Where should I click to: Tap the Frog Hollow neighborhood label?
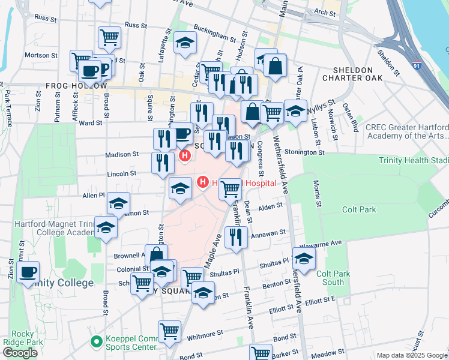[72, 86]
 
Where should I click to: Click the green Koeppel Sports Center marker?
[95, 341]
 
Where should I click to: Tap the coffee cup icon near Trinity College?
[27, 272]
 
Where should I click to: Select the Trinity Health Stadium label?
[413, 160]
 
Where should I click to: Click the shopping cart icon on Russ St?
[110, 37]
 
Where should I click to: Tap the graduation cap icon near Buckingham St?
[185, 42]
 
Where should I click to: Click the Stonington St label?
[304, 152]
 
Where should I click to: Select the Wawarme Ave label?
[324, 242]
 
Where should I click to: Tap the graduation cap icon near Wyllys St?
[295, 110]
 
